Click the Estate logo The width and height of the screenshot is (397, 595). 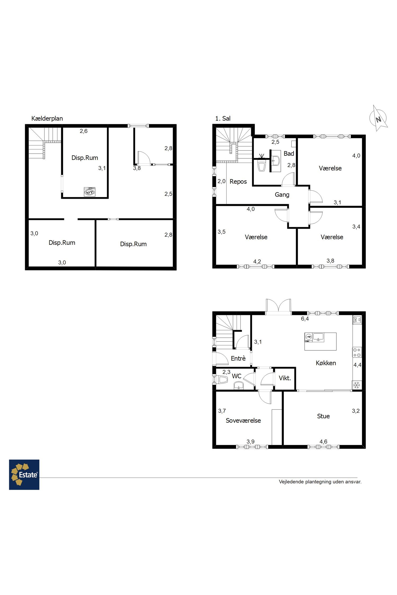click(24, 474)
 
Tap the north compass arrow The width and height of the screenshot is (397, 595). click(378, 118)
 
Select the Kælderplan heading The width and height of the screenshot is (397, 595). click(47, 118)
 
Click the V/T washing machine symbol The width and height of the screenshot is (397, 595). click(89, 192)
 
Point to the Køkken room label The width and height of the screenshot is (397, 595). click(326, 363)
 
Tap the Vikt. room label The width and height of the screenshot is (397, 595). click(285, 378)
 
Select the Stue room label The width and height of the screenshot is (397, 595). click(323, 416)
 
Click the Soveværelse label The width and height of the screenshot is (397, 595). click(243, 420)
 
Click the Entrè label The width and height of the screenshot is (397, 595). click(238, 358)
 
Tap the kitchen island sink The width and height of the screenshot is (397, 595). click(318, 337)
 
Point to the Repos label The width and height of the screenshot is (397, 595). click(238, 182)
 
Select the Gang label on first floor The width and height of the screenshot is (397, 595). click(282, 195)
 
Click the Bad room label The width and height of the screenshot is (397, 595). click(289, 154)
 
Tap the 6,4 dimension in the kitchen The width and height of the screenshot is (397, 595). click(305, 319)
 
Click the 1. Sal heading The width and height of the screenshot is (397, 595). click(223, 118)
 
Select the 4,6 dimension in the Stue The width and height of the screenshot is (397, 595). click(323, 442)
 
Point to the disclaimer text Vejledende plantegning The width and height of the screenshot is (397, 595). click(320, 482)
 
